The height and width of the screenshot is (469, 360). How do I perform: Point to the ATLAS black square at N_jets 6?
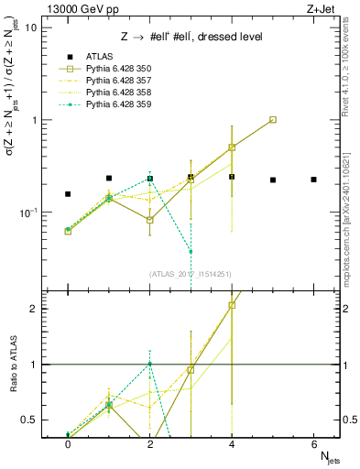coord(313,180)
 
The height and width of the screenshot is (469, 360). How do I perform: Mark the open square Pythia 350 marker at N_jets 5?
coord(273,120)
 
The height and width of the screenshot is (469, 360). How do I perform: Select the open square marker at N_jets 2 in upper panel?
coord(149,220)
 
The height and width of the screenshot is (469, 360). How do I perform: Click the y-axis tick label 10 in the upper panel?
coord(30,27)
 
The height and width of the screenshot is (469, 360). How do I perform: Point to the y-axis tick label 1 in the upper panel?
coord(33,120)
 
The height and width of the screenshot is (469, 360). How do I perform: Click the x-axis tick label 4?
coord(232,443)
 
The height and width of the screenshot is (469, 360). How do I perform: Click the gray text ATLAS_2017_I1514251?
coord(190,274)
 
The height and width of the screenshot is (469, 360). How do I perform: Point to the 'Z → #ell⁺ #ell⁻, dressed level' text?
coord(191,37)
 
